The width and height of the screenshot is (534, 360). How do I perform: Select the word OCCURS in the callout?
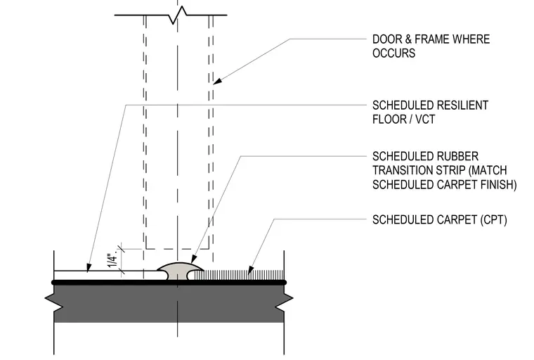coord(393,53)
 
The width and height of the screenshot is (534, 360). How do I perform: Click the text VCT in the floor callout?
coord(425,120)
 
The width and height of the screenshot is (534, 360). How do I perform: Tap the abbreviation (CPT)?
coord(493,220)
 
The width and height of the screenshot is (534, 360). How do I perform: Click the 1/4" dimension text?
coord(113,261)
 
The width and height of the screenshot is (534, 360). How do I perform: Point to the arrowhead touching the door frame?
coord(217,82)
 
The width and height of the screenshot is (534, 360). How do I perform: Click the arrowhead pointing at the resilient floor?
coord(89,268)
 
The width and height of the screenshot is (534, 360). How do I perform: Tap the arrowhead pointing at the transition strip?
coord(194,259)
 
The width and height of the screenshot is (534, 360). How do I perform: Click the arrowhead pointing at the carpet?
coord(250,270)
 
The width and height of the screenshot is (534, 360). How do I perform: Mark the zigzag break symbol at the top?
coord(178,15)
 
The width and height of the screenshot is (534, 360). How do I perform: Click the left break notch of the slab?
coord(55,298)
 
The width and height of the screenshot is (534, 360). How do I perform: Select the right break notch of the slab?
coord(284,298)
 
